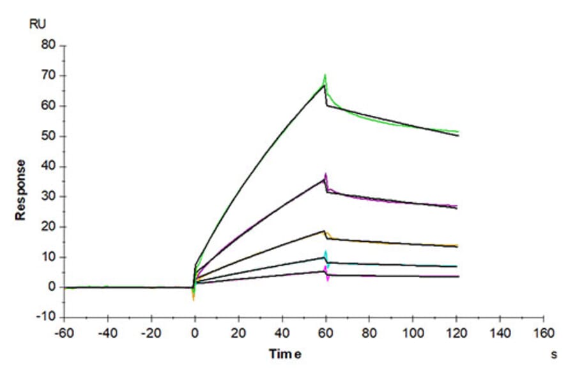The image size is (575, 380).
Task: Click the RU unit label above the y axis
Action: pos(38,24)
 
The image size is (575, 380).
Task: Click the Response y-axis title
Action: pos(21,190)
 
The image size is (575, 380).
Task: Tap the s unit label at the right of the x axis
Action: pos(553,354)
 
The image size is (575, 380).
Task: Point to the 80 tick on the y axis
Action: pos(49,45)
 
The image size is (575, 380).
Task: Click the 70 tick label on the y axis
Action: pos(49,75)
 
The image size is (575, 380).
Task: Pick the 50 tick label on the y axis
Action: pos(49,136)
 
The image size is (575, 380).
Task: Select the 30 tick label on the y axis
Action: pos(49,196)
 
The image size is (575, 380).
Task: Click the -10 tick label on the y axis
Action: pos(47,317)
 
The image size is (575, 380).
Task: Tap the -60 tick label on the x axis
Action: pos(64,333)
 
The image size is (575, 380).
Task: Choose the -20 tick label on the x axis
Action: pos(151,333)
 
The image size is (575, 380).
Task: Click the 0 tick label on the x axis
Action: pos(195,333)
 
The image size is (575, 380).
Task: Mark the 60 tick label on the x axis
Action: pos(326,333)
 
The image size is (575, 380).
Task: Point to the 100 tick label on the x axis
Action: pos(413,333)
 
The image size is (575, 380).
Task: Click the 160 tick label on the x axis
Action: pos(544,333)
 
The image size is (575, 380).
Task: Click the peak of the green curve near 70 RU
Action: pos(325,75)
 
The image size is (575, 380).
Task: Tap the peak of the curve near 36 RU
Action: pos(326,175)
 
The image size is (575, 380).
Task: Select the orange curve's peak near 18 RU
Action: pos(325,231)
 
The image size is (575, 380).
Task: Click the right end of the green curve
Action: pos(458,132)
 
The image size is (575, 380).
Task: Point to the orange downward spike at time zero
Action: pos(194,298)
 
